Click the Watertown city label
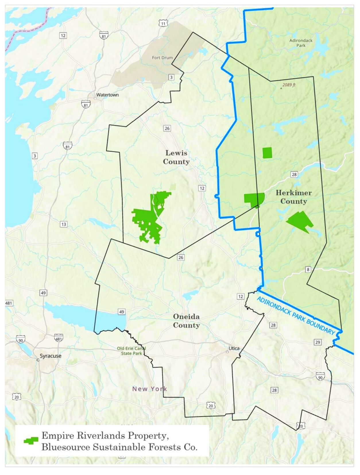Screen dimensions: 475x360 point(107,95)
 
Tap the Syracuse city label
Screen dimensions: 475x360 point(50,356)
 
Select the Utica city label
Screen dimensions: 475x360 point(234,348)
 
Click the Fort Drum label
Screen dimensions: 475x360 point(162,57)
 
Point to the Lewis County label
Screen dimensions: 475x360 point(176,157)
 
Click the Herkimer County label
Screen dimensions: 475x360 point(293,197)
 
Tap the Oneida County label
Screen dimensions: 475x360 point(186,321)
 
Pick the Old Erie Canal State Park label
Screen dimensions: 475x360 point(131,351)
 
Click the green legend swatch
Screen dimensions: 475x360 point(31,441)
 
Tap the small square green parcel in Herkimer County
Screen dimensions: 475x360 point(267,153)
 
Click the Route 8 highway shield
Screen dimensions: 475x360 point(308,269)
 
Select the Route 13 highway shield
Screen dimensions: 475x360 point(63,224)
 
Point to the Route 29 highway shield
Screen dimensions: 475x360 point(318,342)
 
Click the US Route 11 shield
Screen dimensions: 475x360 point(163,23)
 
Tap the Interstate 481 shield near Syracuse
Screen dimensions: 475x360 point(59,338)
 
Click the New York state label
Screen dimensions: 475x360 point(149,389)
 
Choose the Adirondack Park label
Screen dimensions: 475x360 point(301,43)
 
